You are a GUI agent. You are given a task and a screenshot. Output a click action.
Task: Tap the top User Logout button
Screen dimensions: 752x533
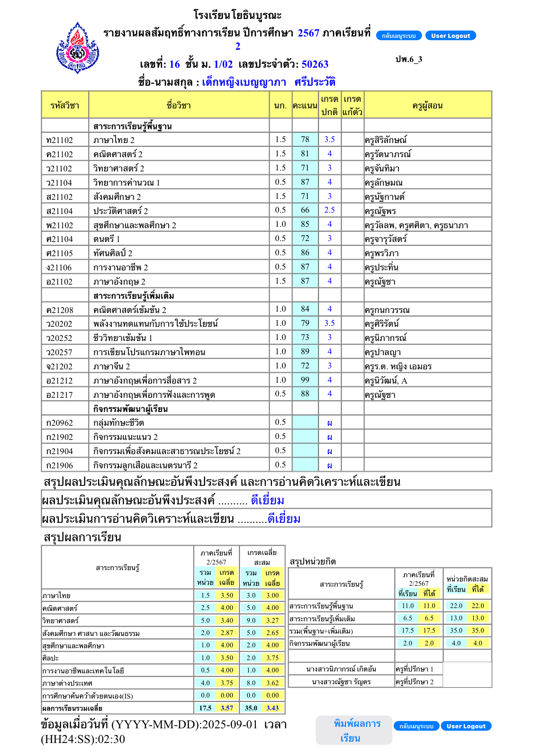(x=450, y=36)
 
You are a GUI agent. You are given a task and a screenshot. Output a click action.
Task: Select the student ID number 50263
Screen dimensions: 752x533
(x=315, y=64)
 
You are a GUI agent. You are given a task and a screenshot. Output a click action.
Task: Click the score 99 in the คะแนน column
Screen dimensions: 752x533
(x=305, y=380)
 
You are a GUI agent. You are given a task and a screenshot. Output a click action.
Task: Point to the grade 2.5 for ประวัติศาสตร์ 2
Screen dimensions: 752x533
(x=329, y=210)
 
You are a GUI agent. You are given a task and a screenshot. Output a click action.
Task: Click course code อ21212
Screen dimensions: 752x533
(x=60, y=381)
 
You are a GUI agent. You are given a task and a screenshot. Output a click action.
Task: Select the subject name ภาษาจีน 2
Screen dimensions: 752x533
(x=111, y=367)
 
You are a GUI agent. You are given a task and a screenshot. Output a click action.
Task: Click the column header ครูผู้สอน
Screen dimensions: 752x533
(x=427, y=106)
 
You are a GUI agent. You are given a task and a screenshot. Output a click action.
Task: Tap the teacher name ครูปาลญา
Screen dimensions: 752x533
(x=383, y=352)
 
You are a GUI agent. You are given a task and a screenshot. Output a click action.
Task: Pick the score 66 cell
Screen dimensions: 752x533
(x=305, y=210)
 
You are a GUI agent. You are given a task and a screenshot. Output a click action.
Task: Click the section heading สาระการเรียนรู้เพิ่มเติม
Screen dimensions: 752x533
(x=134, y=296)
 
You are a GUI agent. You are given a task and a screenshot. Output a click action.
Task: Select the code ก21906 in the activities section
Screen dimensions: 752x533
(x=60, y=466)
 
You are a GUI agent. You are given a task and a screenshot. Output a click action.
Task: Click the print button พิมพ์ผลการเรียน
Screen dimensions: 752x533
(x=354, y=731)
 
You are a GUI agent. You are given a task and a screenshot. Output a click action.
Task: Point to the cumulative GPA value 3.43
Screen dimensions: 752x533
(x=272, y=708)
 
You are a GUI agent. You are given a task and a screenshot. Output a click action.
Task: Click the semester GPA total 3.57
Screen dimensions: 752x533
(x=227, y=708)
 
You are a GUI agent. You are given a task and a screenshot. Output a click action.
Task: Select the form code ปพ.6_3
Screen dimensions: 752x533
(x=408, y=59)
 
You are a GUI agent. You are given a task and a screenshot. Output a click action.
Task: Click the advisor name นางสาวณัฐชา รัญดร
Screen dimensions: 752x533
(x=341, y=682)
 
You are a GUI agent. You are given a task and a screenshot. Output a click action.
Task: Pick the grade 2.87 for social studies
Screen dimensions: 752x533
(x=227, y=633)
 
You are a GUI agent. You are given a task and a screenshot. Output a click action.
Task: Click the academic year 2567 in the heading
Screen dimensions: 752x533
(x=308, y=33)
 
